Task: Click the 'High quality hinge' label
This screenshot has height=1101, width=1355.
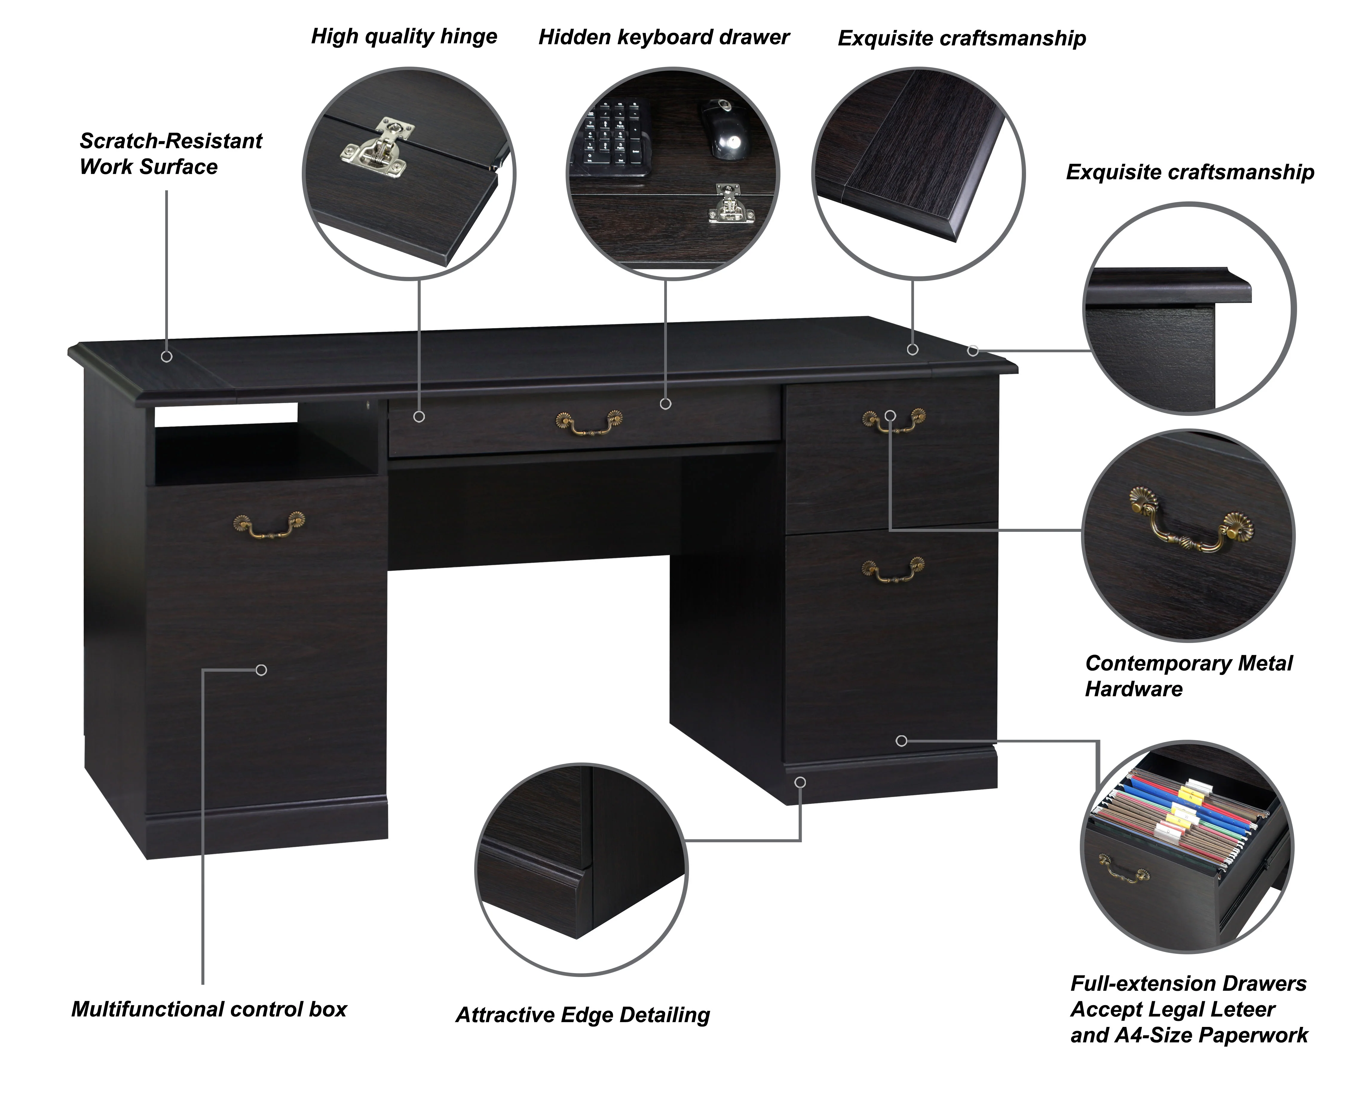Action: (404, 37)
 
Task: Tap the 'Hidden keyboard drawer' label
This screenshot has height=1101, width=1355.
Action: (664, 37)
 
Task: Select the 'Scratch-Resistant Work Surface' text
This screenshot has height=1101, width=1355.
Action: (171, 154)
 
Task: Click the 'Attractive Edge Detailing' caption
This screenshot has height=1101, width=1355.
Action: (583, 1015)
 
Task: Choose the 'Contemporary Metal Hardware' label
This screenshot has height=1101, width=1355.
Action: (1188, 676)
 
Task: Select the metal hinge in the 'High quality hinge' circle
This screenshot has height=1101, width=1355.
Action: (379, 148)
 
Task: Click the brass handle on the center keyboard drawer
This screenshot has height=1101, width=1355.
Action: (589, 422)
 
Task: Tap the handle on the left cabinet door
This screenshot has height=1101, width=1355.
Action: (269, 524)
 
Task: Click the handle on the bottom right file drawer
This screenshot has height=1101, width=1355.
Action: (893, 569)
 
